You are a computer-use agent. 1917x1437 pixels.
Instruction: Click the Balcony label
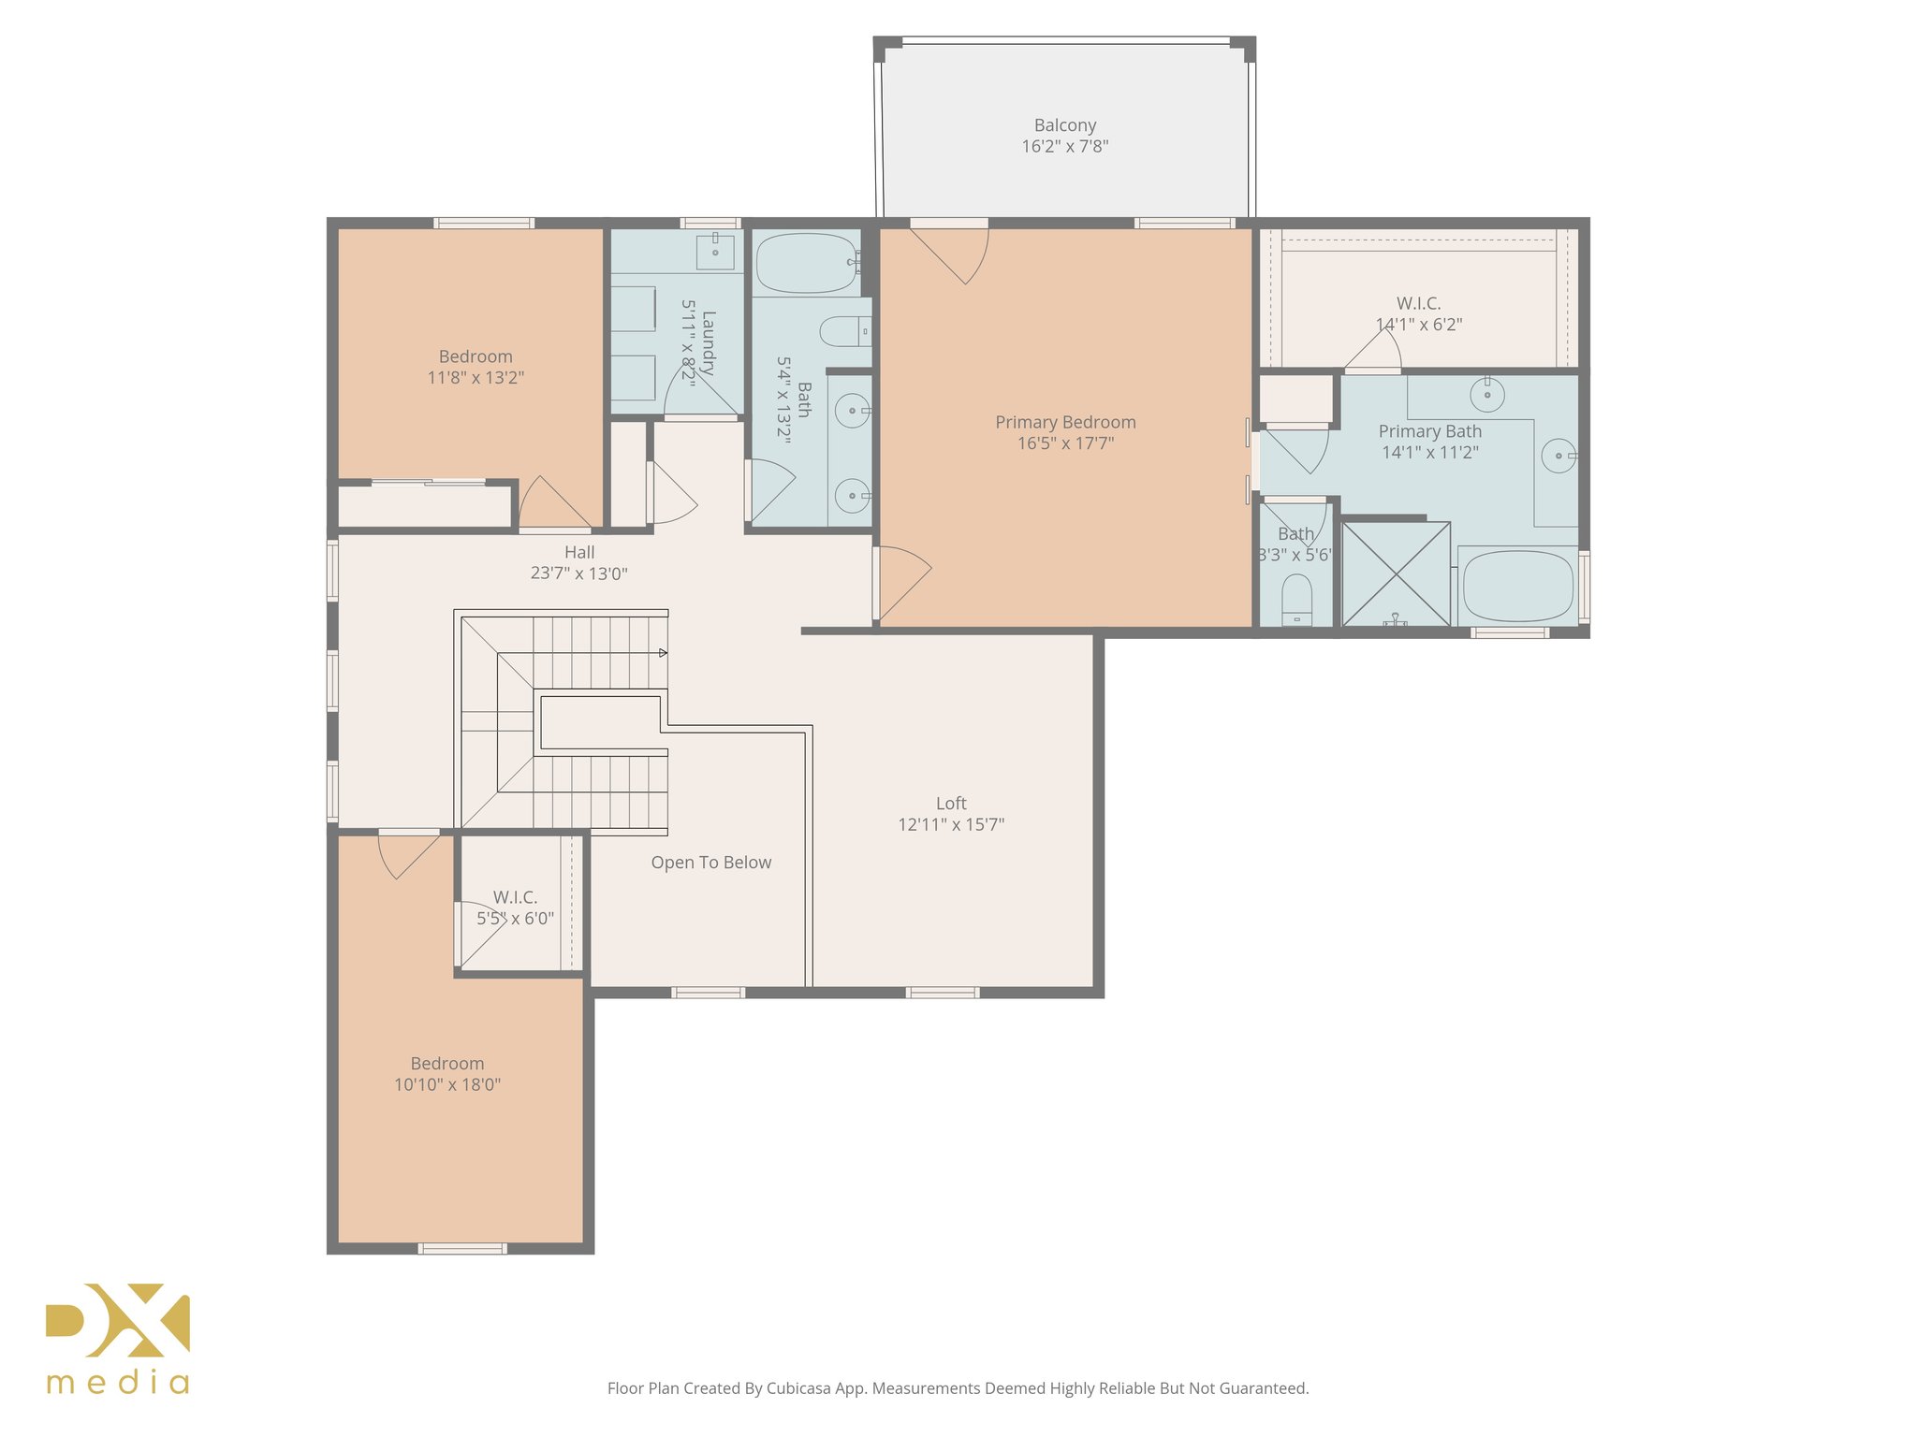coord(1064,125)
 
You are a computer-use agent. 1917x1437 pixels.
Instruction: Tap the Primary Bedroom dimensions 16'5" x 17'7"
coord(1065,443)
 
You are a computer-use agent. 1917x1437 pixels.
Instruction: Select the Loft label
coord(951,804)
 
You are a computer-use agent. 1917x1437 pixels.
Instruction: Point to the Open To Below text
coord(711,863)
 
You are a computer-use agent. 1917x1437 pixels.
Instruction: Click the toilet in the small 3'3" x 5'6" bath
coord(1296,600)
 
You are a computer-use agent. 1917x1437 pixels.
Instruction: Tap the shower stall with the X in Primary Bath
coord(1396,573)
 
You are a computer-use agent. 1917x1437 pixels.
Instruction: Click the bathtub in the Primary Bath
coord(1517,587)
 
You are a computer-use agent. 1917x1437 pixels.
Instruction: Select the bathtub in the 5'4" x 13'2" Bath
coord(806,263)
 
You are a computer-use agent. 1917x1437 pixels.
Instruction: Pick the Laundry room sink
coord(715,252)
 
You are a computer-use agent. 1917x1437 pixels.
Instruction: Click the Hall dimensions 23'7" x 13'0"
coord(578,573)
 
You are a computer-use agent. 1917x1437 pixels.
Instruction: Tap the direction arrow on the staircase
coord(663,652)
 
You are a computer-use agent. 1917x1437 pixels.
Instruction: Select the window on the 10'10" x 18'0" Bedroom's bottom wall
coord(462,1248)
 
